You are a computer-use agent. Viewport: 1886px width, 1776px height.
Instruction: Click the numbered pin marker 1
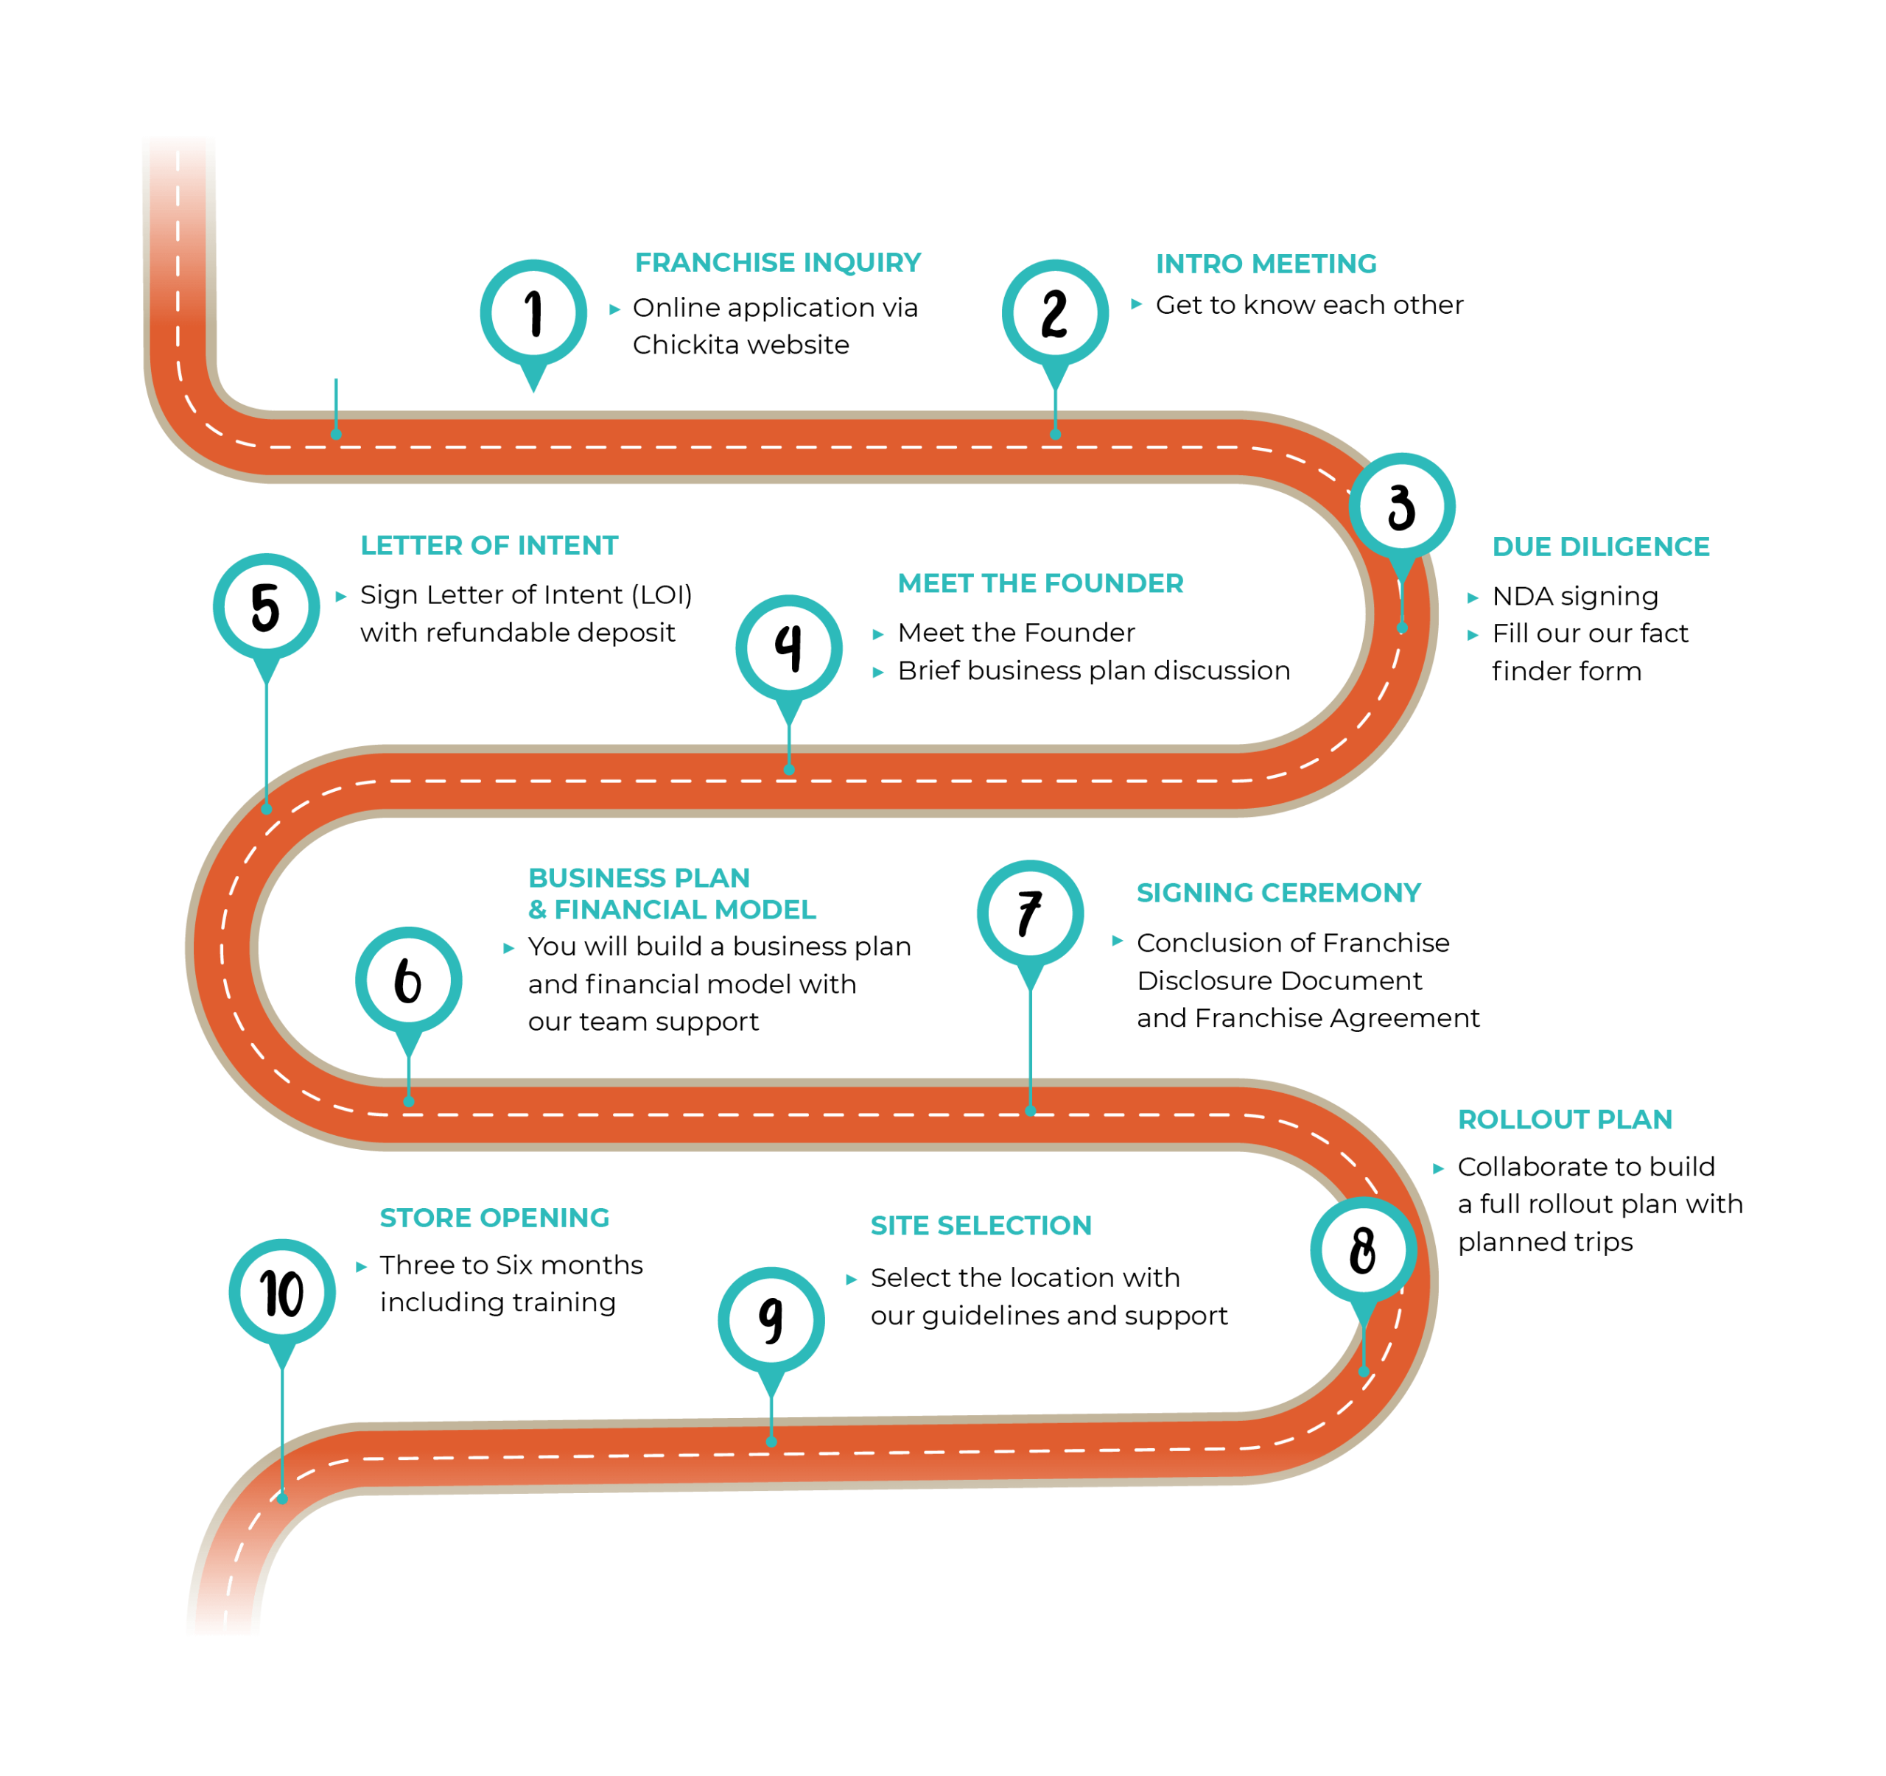coord(533,313)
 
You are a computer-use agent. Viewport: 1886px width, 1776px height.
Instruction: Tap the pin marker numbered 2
coord(1055,313)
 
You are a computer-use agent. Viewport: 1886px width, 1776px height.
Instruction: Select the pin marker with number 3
coord(1401,507)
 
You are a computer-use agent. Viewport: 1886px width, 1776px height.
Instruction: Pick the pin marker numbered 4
coord(788,648)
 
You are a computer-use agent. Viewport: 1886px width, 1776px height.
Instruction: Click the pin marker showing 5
coord(267,607)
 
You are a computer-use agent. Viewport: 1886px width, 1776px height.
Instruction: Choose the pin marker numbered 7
coord(1030,913)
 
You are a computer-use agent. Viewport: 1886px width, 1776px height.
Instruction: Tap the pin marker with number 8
coord(1363,1250)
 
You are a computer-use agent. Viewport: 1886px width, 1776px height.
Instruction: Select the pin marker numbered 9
coord(771,1320)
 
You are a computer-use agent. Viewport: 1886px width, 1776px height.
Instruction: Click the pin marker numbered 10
coord(281,1292)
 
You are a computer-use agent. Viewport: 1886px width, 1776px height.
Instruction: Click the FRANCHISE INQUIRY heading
coord(778,263)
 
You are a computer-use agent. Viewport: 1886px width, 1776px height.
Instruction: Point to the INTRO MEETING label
coord(1266,264)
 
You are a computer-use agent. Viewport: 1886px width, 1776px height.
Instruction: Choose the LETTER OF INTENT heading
coord(488,546)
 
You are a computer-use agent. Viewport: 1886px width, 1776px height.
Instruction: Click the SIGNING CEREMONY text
coord(1279,893)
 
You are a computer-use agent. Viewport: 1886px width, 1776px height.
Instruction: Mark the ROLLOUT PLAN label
coord(1566,1120)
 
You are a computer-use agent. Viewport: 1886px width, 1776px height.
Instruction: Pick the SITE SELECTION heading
coord(981,1226)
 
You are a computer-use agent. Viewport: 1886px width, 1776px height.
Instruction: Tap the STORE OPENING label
coord(494,1218)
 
